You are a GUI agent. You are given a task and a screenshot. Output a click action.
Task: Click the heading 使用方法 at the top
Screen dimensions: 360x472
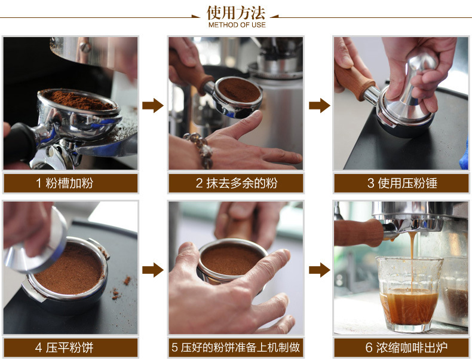click(x=236, y=13)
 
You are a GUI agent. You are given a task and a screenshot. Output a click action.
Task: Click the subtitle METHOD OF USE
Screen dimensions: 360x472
click(x=236, y=25)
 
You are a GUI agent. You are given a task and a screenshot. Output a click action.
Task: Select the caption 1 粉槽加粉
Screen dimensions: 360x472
click(x=70, y=183)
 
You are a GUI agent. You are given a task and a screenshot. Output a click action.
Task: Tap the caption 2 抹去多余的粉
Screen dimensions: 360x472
click(x=235, y=183)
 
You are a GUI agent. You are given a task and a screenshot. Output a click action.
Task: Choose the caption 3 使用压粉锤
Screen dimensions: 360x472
click(x=401, y=183)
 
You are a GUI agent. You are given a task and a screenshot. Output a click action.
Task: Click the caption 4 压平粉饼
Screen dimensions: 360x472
click(x=70, y=347)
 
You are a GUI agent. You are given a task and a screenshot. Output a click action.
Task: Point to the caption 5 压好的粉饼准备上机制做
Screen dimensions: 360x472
click(x=235, y=347)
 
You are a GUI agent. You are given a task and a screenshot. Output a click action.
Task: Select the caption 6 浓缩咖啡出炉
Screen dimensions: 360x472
click(x=401, y=347)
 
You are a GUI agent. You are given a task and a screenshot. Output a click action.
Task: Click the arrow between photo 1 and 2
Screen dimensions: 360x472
click(x=153, y=106)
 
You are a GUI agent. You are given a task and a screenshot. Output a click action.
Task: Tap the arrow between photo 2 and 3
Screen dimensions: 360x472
click(x=319, y=106)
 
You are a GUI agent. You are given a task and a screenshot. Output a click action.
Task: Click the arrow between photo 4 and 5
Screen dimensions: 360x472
click(x=153, y=270)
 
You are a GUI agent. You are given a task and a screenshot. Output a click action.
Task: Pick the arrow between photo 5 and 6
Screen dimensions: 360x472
click(x=319, y=270)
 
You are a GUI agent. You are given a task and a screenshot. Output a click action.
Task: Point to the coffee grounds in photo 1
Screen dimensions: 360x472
click(x=78, y=99)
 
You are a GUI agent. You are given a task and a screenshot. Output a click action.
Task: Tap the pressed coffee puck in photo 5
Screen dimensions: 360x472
click(x=232, y=259)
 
